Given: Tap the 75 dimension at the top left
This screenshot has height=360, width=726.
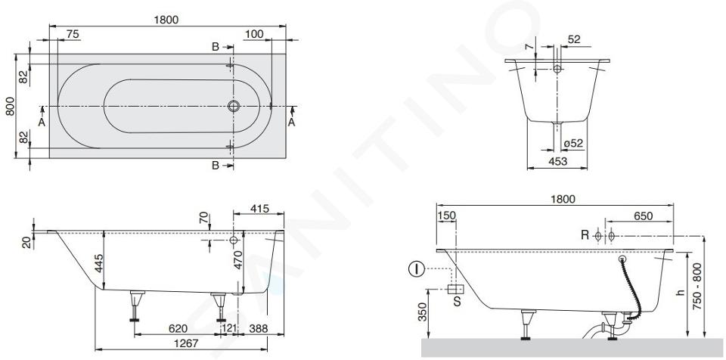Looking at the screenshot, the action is coord(73,34).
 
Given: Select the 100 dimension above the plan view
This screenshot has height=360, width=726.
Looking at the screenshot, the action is coord(254,34).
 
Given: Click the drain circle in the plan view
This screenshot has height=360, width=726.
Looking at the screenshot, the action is coord(234,106).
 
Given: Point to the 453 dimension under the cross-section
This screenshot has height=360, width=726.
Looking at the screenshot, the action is coord(557,161).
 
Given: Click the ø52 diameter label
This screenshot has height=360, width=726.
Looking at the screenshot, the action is coord(573,144).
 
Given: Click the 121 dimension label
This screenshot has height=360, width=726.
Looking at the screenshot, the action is coord(229,328).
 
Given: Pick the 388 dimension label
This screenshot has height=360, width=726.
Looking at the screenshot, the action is coord(259,328).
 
